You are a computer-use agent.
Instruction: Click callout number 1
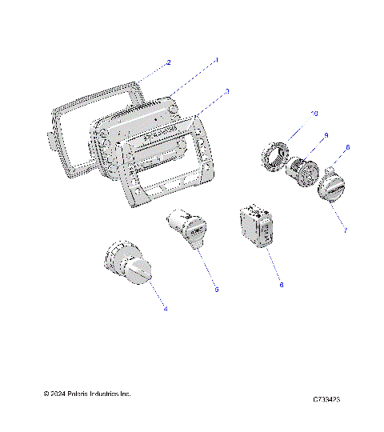(217, 59)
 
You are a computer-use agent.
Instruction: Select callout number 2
(168, 62)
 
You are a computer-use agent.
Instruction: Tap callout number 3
(227, 92)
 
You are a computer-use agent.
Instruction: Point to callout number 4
(166, 308)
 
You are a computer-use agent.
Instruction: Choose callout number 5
(216, 290)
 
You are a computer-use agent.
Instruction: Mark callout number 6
(281, 284)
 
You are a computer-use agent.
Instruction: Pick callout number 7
(345, 230)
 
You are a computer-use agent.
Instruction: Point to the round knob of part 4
(138, 270)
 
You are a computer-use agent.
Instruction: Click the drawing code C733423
(327, 398)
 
